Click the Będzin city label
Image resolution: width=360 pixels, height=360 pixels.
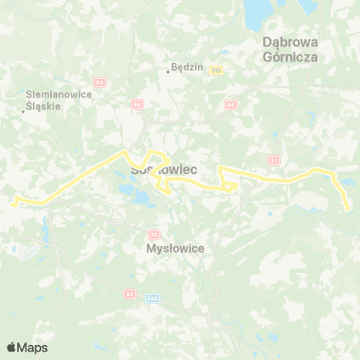[187, 67]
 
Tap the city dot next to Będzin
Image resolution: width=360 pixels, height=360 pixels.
[168, 73]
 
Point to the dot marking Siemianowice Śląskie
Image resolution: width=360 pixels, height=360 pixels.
[24, 111]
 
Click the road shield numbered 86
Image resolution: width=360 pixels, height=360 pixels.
[136, 103]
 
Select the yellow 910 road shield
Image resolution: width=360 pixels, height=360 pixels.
[216, 70]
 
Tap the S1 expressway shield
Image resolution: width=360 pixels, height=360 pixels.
[274, 160]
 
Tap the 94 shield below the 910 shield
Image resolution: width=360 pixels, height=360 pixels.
[230, 104]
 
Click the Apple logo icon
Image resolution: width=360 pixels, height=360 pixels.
[12, 347]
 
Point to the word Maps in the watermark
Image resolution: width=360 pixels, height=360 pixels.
[33, 347]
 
